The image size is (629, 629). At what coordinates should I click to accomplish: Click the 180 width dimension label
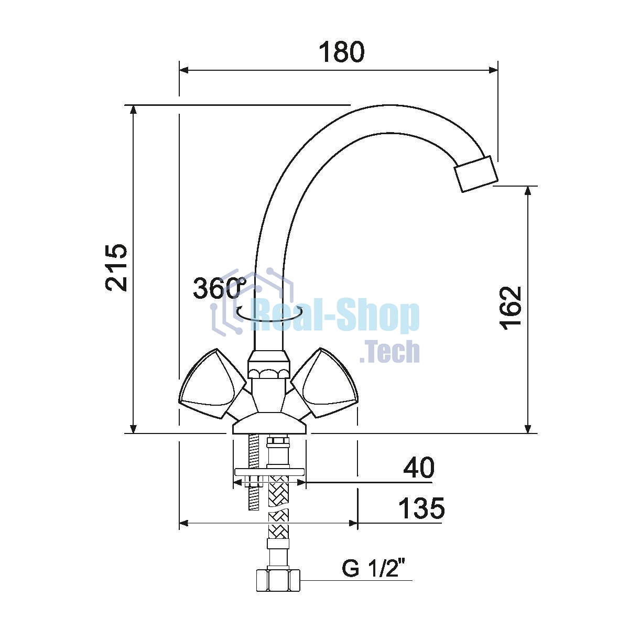coord(341,52)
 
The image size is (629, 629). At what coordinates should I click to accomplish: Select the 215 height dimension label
coord(116,267)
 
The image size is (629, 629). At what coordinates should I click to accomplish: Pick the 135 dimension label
coord(421,508)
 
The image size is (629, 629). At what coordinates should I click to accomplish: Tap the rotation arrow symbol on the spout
coord(269,313)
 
